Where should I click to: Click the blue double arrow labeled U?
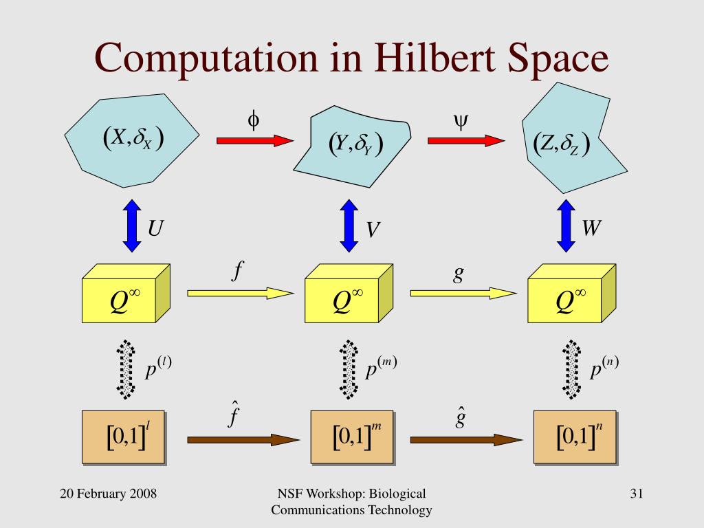131,225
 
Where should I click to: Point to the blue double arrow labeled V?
349,225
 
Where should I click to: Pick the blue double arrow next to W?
566,225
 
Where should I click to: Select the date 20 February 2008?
108,494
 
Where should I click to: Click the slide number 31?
636,494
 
